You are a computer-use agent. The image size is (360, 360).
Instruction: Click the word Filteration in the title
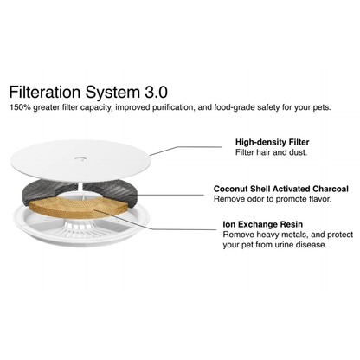[x=45, y=92]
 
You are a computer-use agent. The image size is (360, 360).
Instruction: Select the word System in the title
[x=112, y=93]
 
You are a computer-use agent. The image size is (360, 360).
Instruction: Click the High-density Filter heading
[x=273, y=142]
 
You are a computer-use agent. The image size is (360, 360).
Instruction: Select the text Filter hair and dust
[x=271, y=152]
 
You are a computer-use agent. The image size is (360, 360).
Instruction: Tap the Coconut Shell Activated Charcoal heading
[x=281, y=189]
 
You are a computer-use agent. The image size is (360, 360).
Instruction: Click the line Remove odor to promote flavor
[x=273, y=199]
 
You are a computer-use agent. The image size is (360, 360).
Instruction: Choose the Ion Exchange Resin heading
[x=263, y=224]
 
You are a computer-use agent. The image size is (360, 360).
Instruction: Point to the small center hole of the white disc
[x=80, y=158]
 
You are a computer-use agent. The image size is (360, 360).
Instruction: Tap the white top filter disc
[x=80, y=160]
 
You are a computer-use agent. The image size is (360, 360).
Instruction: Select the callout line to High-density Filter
[x=185, y=148]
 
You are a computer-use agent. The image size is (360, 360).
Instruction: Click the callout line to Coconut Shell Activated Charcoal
[x=170, y=195]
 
